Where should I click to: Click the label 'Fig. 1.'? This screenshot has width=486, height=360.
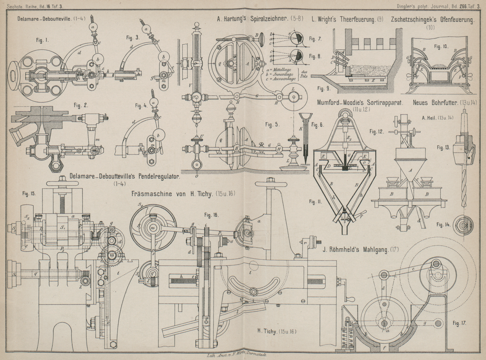click(42, 40)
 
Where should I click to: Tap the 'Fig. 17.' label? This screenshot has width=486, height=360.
click(459, 323)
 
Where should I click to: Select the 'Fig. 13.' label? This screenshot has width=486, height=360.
click(444, 147)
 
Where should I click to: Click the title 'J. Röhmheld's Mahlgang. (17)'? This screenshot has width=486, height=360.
click(360, 250)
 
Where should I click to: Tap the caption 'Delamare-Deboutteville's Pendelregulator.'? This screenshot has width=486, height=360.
click(125, 177)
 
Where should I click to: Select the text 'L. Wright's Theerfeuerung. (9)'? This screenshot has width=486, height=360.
click(347, 19)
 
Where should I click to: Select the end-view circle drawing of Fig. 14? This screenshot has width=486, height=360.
click(463, 225)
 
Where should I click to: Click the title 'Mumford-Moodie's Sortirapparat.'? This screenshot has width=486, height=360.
click(360, 103)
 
